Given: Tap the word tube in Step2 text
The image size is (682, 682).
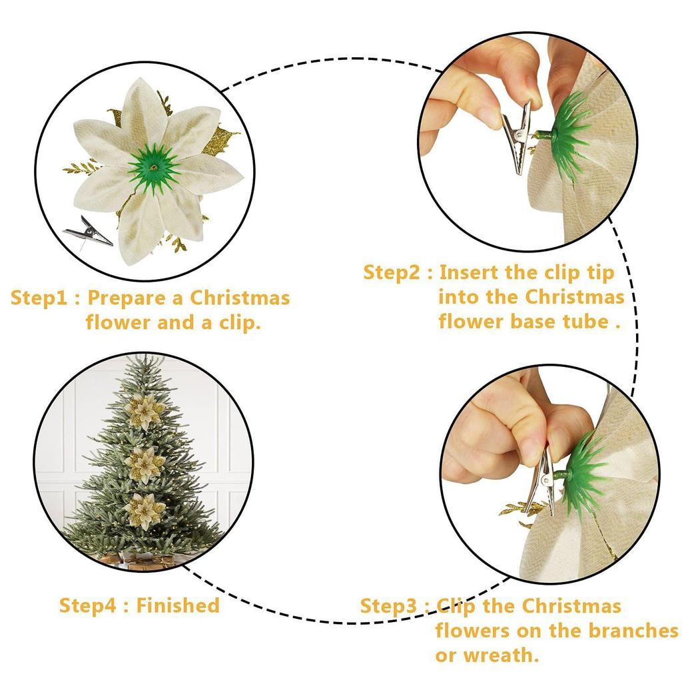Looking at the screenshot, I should tap(587, 321).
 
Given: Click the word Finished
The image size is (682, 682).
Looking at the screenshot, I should tap(178, 605).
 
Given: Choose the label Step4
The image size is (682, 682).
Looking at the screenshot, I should tap(91, 605).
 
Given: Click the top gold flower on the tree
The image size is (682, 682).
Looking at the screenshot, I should tap(144, 411).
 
